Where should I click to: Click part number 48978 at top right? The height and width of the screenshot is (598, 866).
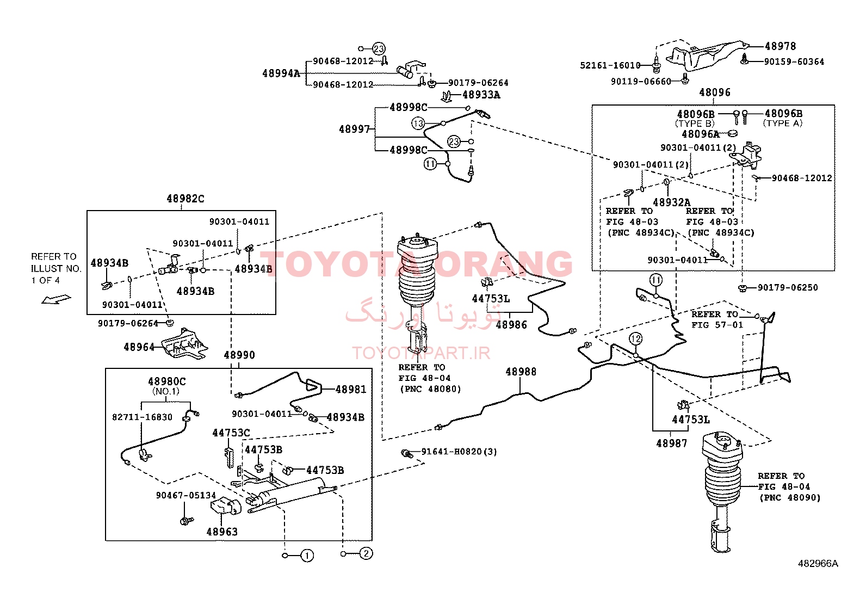coord(780,46)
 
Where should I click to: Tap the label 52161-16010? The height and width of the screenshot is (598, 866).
coord(610,65)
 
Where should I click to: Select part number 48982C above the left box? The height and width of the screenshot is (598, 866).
coord(185,199)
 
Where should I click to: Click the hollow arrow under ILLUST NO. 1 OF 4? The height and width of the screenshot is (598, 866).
coord(56,299)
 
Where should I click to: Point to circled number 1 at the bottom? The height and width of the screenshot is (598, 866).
coord(307,556)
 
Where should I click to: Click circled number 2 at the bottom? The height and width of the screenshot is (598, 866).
coord(366,553)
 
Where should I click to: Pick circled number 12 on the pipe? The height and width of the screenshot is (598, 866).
coord(635,339)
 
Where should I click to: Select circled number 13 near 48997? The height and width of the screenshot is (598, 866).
coord(418,124)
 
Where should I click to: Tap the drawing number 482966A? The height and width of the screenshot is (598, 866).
coord(818,564)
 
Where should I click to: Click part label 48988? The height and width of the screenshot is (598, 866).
coord(521,372)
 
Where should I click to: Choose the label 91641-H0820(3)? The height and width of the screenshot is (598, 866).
coord(459,452)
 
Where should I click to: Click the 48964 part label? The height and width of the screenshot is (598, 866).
coord(139,347)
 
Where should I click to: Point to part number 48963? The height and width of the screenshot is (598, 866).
coord(221,532)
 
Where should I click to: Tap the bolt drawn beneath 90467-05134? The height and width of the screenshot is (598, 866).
coord(187,521)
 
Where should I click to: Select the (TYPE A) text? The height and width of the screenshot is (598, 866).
coord(782,124)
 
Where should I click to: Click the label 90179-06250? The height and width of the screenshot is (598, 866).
coord(788,288)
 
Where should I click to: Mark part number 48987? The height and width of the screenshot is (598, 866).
coord(672,443)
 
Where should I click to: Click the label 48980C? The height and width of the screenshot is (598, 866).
coord(166,382)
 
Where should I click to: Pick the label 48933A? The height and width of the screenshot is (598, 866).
coord(481,95)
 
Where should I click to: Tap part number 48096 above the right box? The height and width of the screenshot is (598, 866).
coord(715,93)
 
